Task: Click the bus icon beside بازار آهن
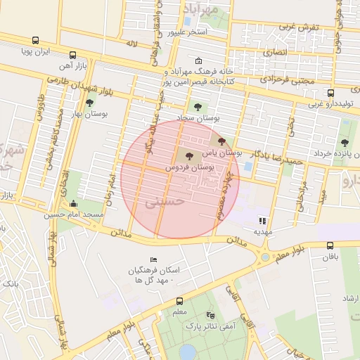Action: click(73, 55)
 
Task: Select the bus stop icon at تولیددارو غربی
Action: click(330, 93)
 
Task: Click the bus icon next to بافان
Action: click(330, 245)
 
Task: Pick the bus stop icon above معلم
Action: click(179, 302)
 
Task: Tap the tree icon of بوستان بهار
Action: click(89, 102)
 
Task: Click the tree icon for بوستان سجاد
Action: click(198, 107)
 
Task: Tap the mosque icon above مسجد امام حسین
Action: click(74, 204)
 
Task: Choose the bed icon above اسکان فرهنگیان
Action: click(154, 260)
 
